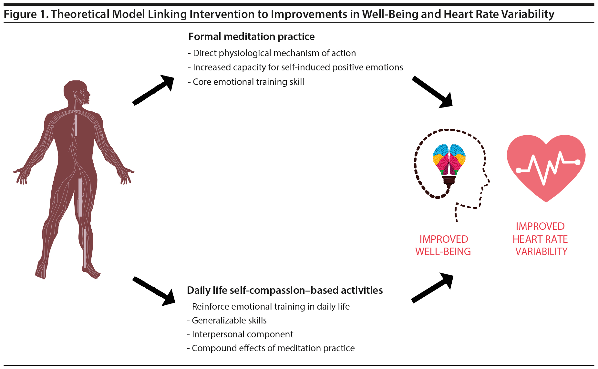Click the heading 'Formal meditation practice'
[251, 37]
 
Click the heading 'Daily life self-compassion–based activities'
[284, 291]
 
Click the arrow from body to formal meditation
[153, 90]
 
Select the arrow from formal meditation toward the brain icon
[432, 92]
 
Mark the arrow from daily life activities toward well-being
[432, 288]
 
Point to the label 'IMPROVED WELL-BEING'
[443, 245]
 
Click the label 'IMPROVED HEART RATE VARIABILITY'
[540, 239]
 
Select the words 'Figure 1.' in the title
[26, 15]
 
